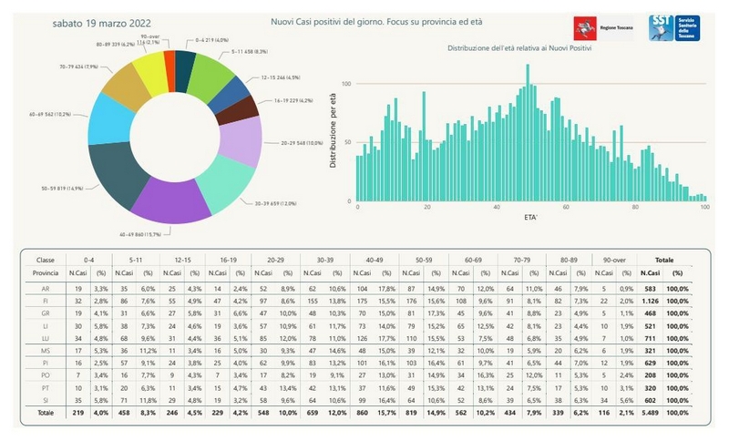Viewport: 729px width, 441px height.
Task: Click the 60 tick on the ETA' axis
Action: click(x=566, y=209)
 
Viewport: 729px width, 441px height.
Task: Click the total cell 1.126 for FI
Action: click(x=649, y=300)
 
